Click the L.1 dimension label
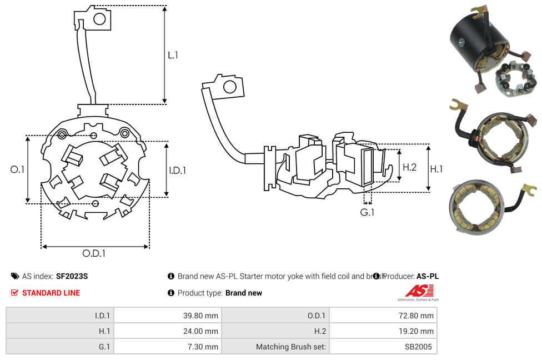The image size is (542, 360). point(173,55)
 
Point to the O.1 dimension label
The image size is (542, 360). point(18,169)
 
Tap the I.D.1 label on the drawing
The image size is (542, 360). point(177,170)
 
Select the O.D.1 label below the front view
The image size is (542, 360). point(94,253)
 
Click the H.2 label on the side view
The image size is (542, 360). point(409,167)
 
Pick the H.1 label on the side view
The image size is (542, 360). point(436,169)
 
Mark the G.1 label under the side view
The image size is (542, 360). point(367,212)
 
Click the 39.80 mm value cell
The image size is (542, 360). point(167,316)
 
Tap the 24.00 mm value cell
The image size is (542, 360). point(167,331)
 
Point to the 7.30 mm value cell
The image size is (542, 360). point(167,347)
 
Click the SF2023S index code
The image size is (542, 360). point(72,276)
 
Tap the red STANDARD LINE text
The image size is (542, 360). point(51,293)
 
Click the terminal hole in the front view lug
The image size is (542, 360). point(100,19)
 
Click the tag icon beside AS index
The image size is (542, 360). point(15,276)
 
